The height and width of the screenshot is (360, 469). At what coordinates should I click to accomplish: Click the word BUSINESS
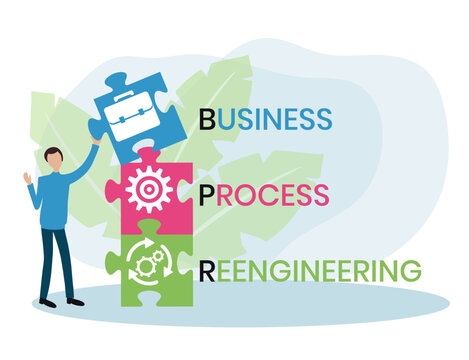tap(265, 119)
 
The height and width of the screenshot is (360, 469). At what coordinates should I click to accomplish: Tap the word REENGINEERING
tap(310, 270)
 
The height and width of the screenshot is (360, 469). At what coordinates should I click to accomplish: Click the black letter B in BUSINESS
tap(206, 119)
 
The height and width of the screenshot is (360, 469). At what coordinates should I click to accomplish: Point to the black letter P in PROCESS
tap(206, 194)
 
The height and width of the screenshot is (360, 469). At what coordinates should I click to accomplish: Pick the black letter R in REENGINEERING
tap(207, 270)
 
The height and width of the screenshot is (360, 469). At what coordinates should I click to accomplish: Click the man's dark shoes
tap(59, 301)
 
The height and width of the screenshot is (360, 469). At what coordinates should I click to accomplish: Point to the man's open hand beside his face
tap(28, 178)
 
